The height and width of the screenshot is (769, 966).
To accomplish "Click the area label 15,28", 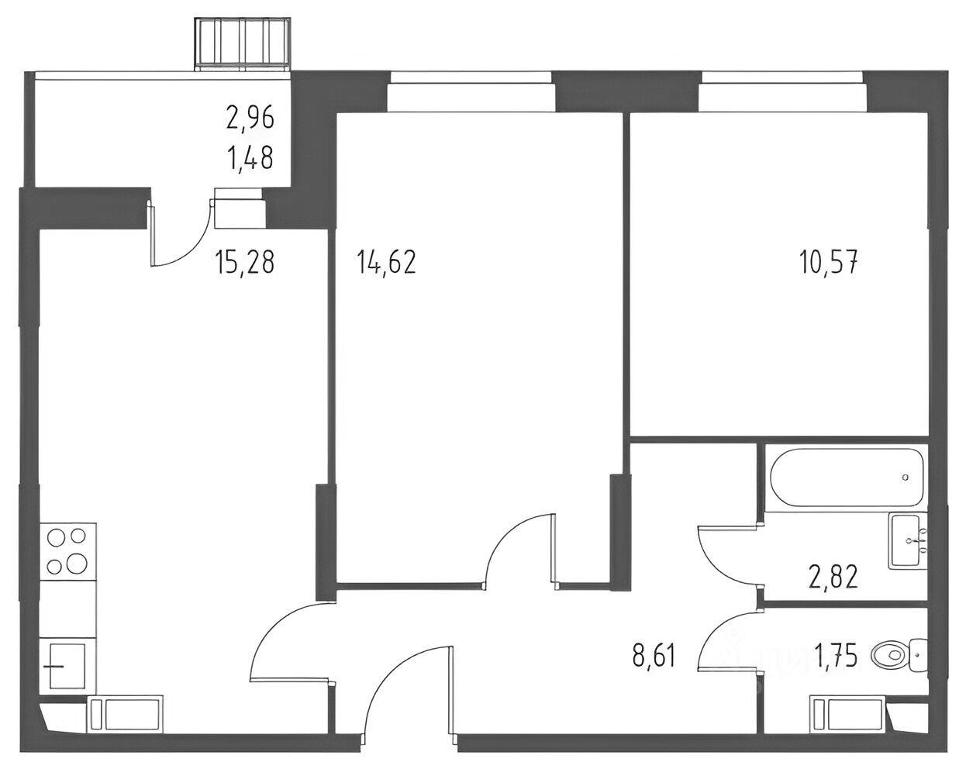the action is coord(245,262).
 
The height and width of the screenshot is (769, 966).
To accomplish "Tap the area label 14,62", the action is coord(387,262).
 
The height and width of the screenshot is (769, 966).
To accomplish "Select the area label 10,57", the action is coord(828,262).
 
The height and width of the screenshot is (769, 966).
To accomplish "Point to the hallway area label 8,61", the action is coord(654,656).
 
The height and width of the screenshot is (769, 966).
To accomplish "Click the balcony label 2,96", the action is coord(250,119).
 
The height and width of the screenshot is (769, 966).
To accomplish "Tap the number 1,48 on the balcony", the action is coord(251,158).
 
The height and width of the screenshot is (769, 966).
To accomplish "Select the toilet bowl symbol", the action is coord(897,655).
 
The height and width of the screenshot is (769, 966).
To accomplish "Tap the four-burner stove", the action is coord(67,551).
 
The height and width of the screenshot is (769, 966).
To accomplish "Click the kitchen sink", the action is coord(67,666).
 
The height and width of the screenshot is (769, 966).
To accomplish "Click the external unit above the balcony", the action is coord(243,43).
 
